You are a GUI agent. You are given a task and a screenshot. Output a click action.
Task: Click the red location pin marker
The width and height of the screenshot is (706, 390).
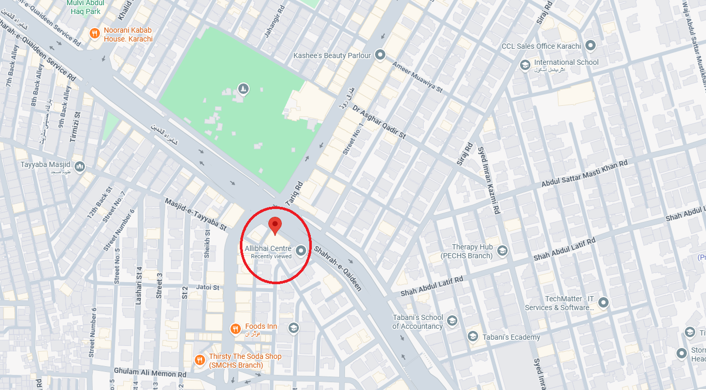tap(275, 226)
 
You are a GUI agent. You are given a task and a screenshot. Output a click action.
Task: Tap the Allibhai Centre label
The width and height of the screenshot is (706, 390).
tap(268, 249)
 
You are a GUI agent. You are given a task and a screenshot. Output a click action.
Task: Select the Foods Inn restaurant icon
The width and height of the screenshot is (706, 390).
tap(235, 328)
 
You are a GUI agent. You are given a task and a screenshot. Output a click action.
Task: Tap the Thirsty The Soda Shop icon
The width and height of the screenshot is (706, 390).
tap(199, 360)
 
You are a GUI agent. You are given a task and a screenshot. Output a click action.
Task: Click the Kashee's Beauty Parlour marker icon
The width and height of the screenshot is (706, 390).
tap(380, 55)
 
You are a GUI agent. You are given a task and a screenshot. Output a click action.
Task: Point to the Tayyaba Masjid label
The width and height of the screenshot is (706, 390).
tap(45, 165)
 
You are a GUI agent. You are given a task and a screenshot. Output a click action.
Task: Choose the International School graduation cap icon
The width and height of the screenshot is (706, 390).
tap(525, 65)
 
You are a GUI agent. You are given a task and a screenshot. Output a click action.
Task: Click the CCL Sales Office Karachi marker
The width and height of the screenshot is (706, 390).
tap(590, 46)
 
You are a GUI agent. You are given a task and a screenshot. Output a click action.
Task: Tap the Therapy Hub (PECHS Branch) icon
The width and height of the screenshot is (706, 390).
tap(502, 252)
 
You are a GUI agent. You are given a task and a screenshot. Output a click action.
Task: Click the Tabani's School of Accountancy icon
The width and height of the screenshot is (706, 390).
tap(452, 321)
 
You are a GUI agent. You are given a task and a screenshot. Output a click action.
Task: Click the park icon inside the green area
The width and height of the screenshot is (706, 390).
tap(243, 89)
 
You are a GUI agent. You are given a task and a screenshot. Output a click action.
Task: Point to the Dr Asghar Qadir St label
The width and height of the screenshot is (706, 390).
tap(379, 123)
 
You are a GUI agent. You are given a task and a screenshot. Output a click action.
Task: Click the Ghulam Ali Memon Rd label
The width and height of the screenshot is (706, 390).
tap(150, 373)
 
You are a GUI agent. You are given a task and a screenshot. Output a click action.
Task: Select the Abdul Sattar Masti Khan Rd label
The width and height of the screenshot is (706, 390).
tap(584, 174)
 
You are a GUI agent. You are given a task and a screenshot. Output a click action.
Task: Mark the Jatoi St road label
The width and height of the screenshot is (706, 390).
tap(208, 287)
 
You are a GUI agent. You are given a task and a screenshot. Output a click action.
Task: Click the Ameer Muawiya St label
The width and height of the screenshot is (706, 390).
tap(417, 77)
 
